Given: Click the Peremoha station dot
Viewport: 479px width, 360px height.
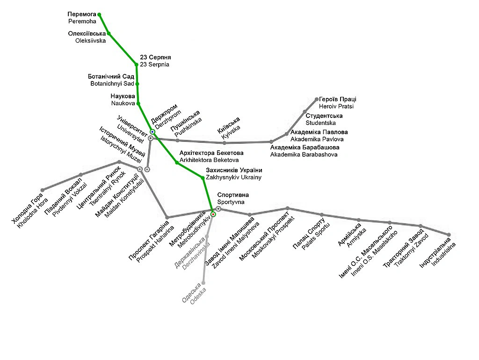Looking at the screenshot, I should click(x=99, y=15).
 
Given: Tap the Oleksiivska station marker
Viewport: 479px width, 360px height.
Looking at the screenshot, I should click(x=109, y=33).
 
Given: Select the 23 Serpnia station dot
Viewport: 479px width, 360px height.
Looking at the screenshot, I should click(x=136, y=64).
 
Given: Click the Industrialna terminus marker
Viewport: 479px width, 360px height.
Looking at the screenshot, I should click(x=449, y=235).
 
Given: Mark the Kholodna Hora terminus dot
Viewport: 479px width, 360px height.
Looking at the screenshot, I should click(x=42, y=190).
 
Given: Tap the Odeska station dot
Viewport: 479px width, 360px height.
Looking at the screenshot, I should click(x=203, y=283).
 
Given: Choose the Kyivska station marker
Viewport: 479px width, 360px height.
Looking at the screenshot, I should click(x=224, y=143).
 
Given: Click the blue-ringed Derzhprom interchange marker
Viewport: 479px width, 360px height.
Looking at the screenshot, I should click(x=152, y=132).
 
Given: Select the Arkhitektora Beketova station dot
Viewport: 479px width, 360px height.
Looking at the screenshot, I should click(x=177, y=162).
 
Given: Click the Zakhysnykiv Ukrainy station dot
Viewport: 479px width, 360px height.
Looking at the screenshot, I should click(x=203, y=177).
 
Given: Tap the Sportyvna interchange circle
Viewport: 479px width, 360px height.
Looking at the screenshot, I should click(x=218, y=209).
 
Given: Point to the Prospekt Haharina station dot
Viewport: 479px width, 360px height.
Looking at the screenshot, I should click(x=167, y=217).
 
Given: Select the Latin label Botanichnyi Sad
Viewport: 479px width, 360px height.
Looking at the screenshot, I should click(x=112, y=84).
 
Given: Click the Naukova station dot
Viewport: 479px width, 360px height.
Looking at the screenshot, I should click(x=138, y=103).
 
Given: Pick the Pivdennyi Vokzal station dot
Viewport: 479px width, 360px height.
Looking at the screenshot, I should click(x=81, y=175).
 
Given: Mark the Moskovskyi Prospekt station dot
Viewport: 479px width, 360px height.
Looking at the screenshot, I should click(x=287, y=208).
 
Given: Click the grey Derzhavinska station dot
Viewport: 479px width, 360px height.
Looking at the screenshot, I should click(x=207, y=236).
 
